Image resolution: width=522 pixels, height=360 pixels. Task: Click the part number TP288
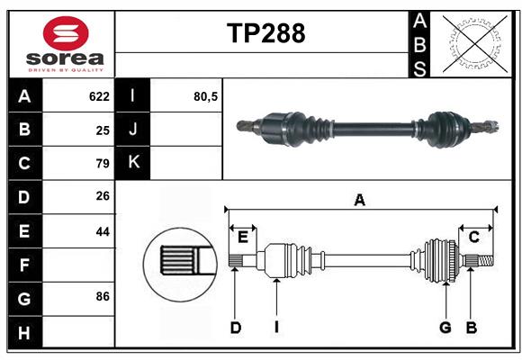[265, 33]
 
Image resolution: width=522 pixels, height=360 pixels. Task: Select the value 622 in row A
[99, 96]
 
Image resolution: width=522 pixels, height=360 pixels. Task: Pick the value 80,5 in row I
[206, 96]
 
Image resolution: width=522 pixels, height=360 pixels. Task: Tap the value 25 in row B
[103, 130]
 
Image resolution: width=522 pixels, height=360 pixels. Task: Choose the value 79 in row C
[103, 164]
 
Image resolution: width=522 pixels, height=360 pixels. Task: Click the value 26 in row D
[103, 197]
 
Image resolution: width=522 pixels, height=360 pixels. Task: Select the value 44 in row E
[103, 231]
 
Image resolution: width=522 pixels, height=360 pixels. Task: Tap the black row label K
[133, 163]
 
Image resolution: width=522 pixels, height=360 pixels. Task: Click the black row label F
[24, 265]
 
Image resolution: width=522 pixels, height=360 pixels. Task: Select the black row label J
[133, 130]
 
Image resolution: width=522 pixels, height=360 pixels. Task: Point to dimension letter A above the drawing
[360, 200]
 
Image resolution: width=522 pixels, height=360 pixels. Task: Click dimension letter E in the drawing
[242, 237]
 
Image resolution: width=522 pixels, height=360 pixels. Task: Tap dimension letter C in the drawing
[473, 237]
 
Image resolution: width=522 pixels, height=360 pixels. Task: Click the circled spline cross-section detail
[177, 262]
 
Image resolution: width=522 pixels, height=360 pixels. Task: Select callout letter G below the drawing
[445, 328]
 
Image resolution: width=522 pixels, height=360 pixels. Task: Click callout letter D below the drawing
[235, 328]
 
